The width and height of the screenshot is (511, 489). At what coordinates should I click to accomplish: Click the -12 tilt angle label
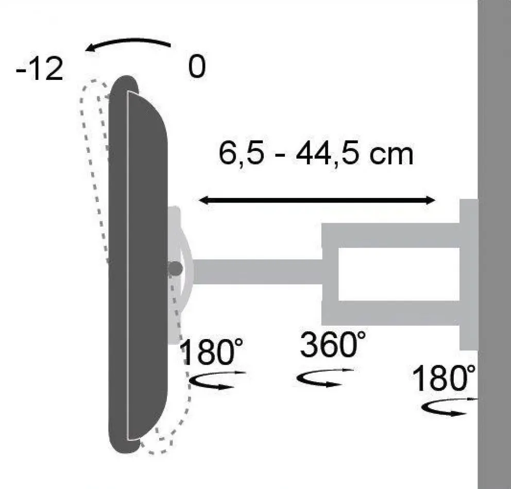[40, 70]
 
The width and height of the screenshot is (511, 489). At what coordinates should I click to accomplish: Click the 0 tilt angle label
[196, 67]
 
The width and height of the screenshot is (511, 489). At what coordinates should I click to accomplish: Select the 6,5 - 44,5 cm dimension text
[316, 154]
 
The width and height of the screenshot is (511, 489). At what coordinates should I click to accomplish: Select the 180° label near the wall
[444, 379]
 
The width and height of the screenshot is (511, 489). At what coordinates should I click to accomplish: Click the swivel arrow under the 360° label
[325, 379]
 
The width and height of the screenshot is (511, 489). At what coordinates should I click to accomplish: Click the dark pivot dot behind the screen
[176, 268]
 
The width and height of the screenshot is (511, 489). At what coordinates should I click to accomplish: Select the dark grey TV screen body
[138, 263]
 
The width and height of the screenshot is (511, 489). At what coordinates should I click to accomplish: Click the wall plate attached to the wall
[468, 273]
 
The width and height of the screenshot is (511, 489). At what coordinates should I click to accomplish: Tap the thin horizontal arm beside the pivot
[258, 271]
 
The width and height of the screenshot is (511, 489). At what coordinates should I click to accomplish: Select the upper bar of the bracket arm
[391, 234]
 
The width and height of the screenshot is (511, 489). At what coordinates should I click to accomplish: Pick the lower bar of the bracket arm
[391, 313]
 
